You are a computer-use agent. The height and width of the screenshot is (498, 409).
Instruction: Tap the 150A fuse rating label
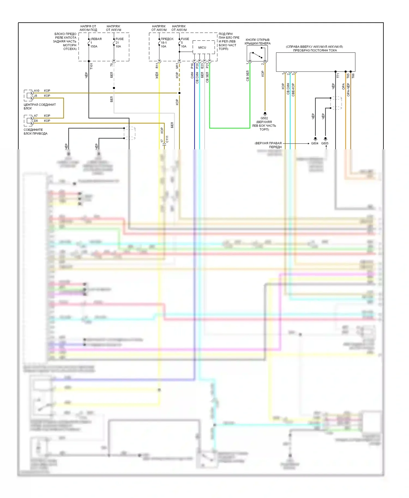(94, 47)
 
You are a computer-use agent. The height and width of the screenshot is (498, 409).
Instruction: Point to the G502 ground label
(264, 118)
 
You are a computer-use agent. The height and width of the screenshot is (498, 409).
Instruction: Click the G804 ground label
(315, 143)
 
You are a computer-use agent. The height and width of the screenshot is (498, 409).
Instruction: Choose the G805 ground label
(325, 143)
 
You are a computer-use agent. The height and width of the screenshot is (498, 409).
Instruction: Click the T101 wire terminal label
(91, 66)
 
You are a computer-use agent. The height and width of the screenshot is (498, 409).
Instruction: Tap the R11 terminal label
(157, 66)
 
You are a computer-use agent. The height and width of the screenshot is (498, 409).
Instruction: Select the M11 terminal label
(177, 66)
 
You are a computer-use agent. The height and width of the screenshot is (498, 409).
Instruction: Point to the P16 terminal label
(192, 66)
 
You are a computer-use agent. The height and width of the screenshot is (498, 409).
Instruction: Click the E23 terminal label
(202, 66)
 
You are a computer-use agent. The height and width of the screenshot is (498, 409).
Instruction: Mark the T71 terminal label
(338, 76)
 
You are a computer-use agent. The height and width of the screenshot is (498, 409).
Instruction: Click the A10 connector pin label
(37, 91)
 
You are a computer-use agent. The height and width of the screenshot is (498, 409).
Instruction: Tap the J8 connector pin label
(35, 96)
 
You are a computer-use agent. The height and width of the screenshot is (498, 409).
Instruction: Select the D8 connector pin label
(36, 121)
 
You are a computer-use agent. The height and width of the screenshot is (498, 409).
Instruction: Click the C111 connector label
(167, 139)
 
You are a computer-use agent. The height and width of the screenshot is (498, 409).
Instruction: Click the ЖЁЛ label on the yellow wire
(157, 75)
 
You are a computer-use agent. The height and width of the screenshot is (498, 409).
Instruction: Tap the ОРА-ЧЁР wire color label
(348, 90)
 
